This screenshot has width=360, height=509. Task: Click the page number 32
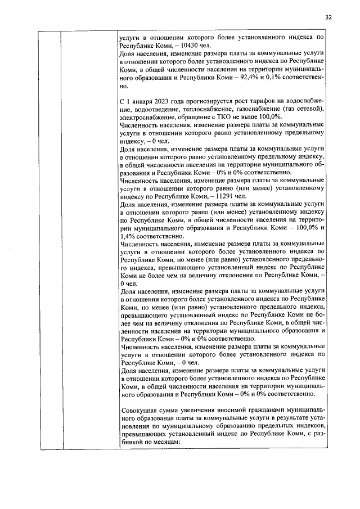[x=328, y=16]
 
